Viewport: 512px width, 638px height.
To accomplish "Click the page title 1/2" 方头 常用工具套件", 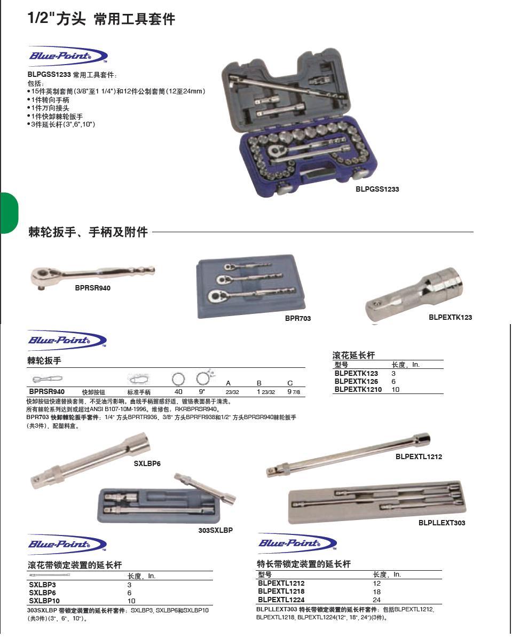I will point(101,19).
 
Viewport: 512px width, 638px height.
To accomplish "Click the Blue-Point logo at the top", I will point(67,56).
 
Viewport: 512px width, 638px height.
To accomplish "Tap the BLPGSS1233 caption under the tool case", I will point(377,189).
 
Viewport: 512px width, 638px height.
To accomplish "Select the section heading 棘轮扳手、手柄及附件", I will point(88,232).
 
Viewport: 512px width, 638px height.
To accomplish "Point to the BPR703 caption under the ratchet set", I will point(297,318).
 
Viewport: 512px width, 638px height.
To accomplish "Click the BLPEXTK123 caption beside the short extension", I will point(450,317).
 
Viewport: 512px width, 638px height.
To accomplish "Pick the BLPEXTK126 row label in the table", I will point(356,382).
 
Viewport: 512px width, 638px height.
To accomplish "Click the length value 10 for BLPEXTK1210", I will point(395,390).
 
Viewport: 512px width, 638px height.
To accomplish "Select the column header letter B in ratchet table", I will point(259,383).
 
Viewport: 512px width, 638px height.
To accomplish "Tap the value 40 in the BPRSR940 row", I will point(178,391).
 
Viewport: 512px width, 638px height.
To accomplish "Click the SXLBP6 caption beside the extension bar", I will point(147,463).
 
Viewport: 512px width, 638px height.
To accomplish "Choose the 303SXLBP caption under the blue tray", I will point(216,530).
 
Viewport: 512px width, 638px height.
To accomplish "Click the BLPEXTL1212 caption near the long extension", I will point(419,456).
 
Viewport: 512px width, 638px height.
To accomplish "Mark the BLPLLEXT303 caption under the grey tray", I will point(442,523).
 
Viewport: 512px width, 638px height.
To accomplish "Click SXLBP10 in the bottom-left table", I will point(44,601).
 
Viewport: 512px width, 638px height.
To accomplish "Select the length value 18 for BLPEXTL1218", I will point(377,592).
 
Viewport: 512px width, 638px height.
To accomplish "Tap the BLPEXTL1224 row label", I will point(281,600).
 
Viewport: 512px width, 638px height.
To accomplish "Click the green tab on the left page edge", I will point(9,213).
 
